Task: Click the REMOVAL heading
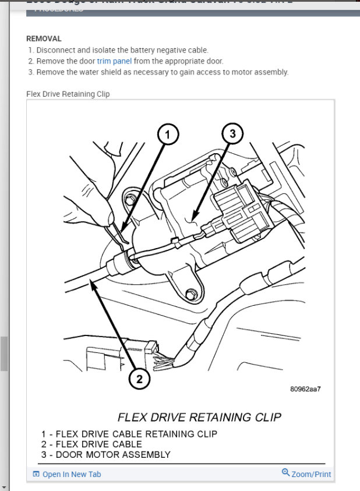(44, 38)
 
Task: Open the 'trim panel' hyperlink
(114, 61)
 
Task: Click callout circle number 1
(168, 135)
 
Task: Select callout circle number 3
(232, 135)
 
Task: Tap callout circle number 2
(139, 379)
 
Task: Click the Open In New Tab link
(71, 474)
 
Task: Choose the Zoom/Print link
(311, 474)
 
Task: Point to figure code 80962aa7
(305, 389)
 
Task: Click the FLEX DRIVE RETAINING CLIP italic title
(199, 417)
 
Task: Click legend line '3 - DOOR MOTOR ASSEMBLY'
(105, 454)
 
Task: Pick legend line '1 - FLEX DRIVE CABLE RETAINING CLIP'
(129, 434)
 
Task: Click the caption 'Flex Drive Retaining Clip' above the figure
(68, 94)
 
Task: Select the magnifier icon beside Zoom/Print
(285, 473)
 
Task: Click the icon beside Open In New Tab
(36, 474)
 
